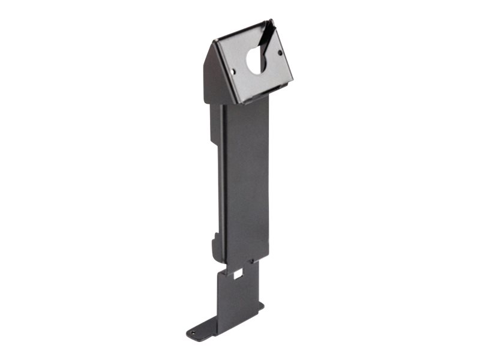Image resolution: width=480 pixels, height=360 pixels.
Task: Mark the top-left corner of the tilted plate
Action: [x=214, y=41]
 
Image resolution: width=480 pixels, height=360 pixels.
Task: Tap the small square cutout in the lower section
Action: [x=238, y=274]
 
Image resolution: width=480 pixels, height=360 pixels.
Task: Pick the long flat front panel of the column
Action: [x=247, y=180]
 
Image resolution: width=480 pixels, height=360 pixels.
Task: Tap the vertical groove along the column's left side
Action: [x=223, y=180]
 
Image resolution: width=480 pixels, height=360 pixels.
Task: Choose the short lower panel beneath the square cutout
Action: [x=240, y=300]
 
